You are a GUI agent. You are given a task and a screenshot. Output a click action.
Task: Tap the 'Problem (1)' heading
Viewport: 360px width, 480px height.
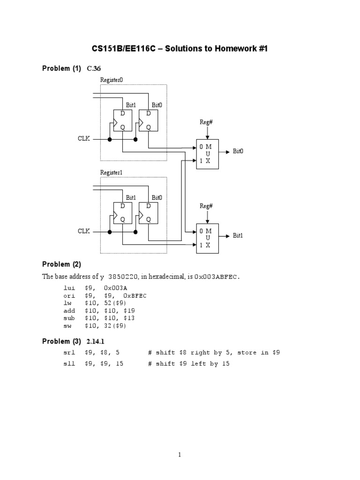(61, 69)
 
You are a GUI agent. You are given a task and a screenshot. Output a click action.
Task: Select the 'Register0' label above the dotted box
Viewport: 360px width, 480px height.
(112, 80)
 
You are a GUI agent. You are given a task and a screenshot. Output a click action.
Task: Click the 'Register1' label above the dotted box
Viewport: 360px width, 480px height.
(112, 172)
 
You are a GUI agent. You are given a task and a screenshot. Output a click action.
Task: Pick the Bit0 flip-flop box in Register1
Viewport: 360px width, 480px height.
(149, 212)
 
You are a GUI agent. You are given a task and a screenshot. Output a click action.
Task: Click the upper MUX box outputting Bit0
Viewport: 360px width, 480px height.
(207, 154)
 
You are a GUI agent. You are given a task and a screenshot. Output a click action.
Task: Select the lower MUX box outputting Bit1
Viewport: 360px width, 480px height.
(207, 238)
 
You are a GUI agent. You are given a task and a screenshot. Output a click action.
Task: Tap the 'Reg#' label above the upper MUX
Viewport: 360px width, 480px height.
(207, 122)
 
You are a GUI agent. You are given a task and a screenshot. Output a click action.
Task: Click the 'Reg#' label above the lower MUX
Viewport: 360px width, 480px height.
(207, 206)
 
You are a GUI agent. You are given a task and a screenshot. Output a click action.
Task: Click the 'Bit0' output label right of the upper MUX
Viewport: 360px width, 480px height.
(239, 151)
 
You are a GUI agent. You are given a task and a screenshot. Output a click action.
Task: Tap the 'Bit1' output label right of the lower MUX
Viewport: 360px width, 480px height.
(239, 235)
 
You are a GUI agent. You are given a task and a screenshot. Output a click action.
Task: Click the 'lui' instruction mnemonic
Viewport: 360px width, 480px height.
(68, 287)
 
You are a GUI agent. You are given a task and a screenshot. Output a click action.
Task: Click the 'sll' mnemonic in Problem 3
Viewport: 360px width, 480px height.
(68, 364)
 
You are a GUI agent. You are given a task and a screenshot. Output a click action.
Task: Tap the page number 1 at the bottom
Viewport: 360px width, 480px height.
(180, 454)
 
